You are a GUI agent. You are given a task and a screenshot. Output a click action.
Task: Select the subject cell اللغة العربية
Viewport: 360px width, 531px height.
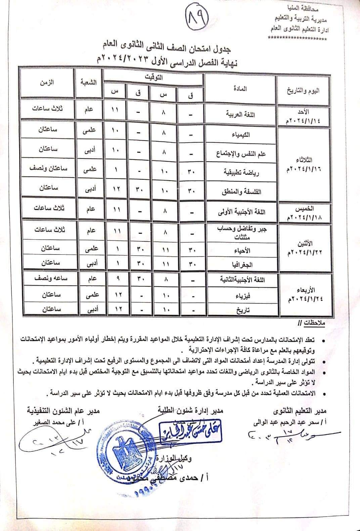click(240, 114)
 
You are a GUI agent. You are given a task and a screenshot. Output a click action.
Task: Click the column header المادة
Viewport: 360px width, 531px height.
click(240, 89)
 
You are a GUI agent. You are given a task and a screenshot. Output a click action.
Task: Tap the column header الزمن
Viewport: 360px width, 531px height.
click(48, 82)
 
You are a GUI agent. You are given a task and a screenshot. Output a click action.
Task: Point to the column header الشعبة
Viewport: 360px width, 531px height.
click(89, 82)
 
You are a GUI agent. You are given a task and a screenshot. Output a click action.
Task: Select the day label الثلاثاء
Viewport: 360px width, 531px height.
click(303, 159)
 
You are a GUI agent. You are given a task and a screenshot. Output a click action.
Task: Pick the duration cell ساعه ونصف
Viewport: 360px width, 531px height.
click(49, 279)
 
